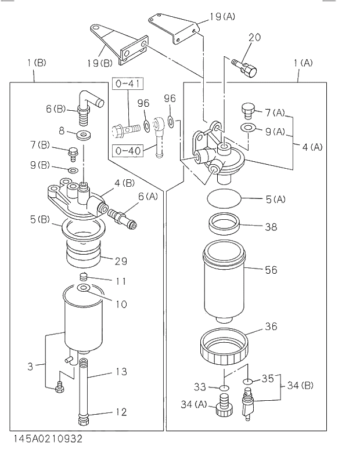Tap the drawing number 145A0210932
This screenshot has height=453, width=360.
point(41,439)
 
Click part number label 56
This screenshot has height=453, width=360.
point(271,270)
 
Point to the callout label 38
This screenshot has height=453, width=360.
point(271,227)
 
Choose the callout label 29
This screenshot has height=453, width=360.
point(120,261)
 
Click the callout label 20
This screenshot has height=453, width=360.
point(254,38)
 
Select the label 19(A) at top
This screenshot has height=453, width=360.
point(221,17)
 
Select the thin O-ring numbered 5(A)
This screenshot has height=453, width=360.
point(224,199)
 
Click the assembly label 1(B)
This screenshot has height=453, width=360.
point(36,62)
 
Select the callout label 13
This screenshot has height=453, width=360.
point(120,372)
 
